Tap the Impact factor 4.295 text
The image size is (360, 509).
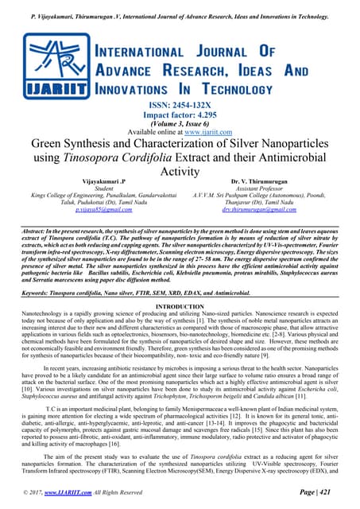pyautogui.click(x=180, y=115)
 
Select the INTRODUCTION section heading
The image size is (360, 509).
pyautogui.click(x=180, y=306)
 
